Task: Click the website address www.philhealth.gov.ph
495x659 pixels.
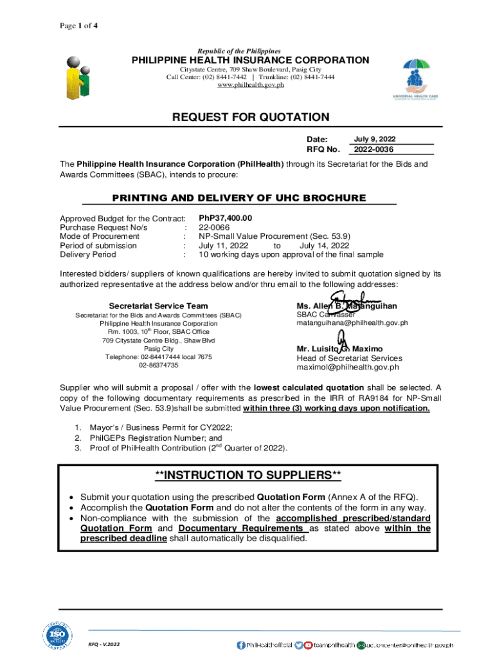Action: (250, 86)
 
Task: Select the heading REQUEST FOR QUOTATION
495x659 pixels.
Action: (250, 117)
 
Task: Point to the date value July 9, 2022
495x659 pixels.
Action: (375, 139)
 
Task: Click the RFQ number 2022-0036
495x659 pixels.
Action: (372, 150)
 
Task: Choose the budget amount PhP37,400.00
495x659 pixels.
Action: (226, 218)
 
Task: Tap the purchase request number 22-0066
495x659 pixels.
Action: (214, 227)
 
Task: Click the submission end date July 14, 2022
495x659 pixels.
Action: (324, 245)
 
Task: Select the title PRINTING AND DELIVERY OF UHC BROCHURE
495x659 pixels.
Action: (248, 198)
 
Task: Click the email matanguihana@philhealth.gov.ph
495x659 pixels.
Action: (352, 324)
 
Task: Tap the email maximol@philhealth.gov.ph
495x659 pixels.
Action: (348, 367)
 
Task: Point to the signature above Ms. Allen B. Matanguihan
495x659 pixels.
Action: (353, 301)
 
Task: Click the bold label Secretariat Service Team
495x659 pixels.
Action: (158, 306)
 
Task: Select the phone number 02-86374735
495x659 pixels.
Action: (159, 365)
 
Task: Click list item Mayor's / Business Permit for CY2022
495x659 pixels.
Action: (161, 427)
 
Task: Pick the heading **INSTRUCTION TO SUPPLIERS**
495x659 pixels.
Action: (248, 476)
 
